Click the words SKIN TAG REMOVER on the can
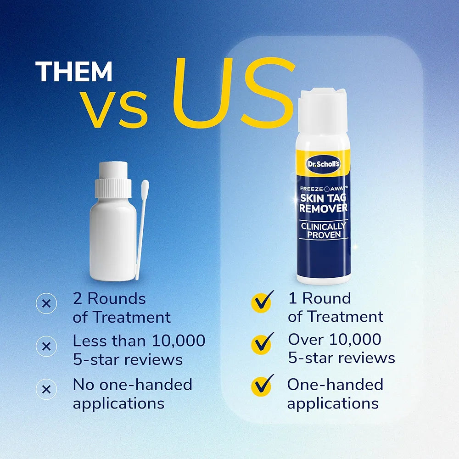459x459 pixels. click(323, 202)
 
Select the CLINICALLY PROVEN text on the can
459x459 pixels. click(323, 230)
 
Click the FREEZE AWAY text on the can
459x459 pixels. click(323, 188)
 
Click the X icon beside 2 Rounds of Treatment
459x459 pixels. click(46, 303)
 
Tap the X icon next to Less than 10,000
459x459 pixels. click(46, 347)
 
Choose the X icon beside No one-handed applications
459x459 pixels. click(46, 390)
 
